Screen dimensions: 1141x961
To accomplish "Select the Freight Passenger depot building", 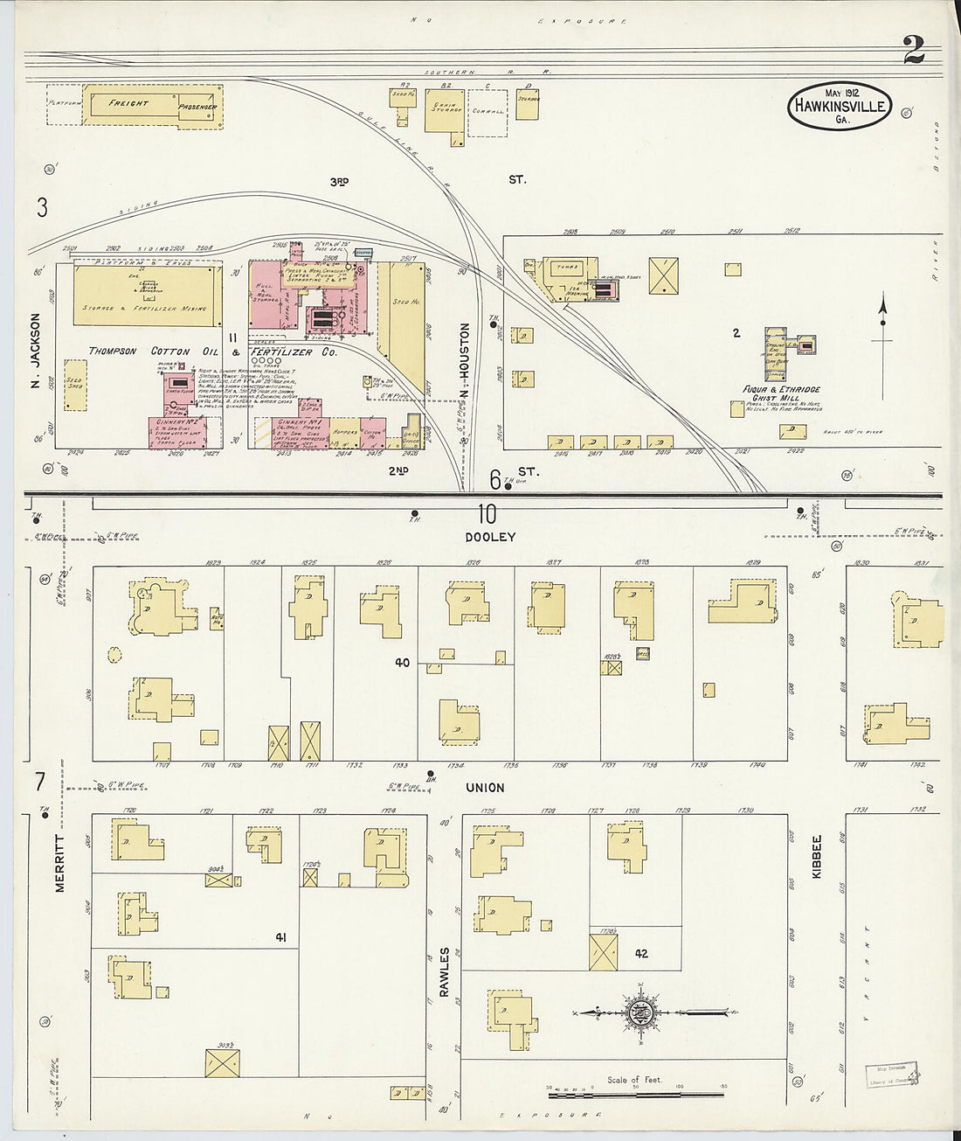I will click(x=152, y=105).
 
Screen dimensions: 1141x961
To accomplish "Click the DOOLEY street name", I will click(x=490, y=537).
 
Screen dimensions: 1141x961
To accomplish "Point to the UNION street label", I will click(x=485, y=788).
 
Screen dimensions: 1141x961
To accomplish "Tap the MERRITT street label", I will click(x=60, y=863).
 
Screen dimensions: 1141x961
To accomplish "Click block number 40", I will click(x=402, y=663).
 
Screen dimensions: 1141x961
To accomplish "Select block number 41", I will click(x=280, y=937).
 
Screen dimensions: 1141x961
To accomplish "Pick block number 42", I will click(x=641, y=953).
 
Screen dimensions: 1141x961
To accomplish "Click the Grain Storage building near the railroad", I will click(x=445, y=111).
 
